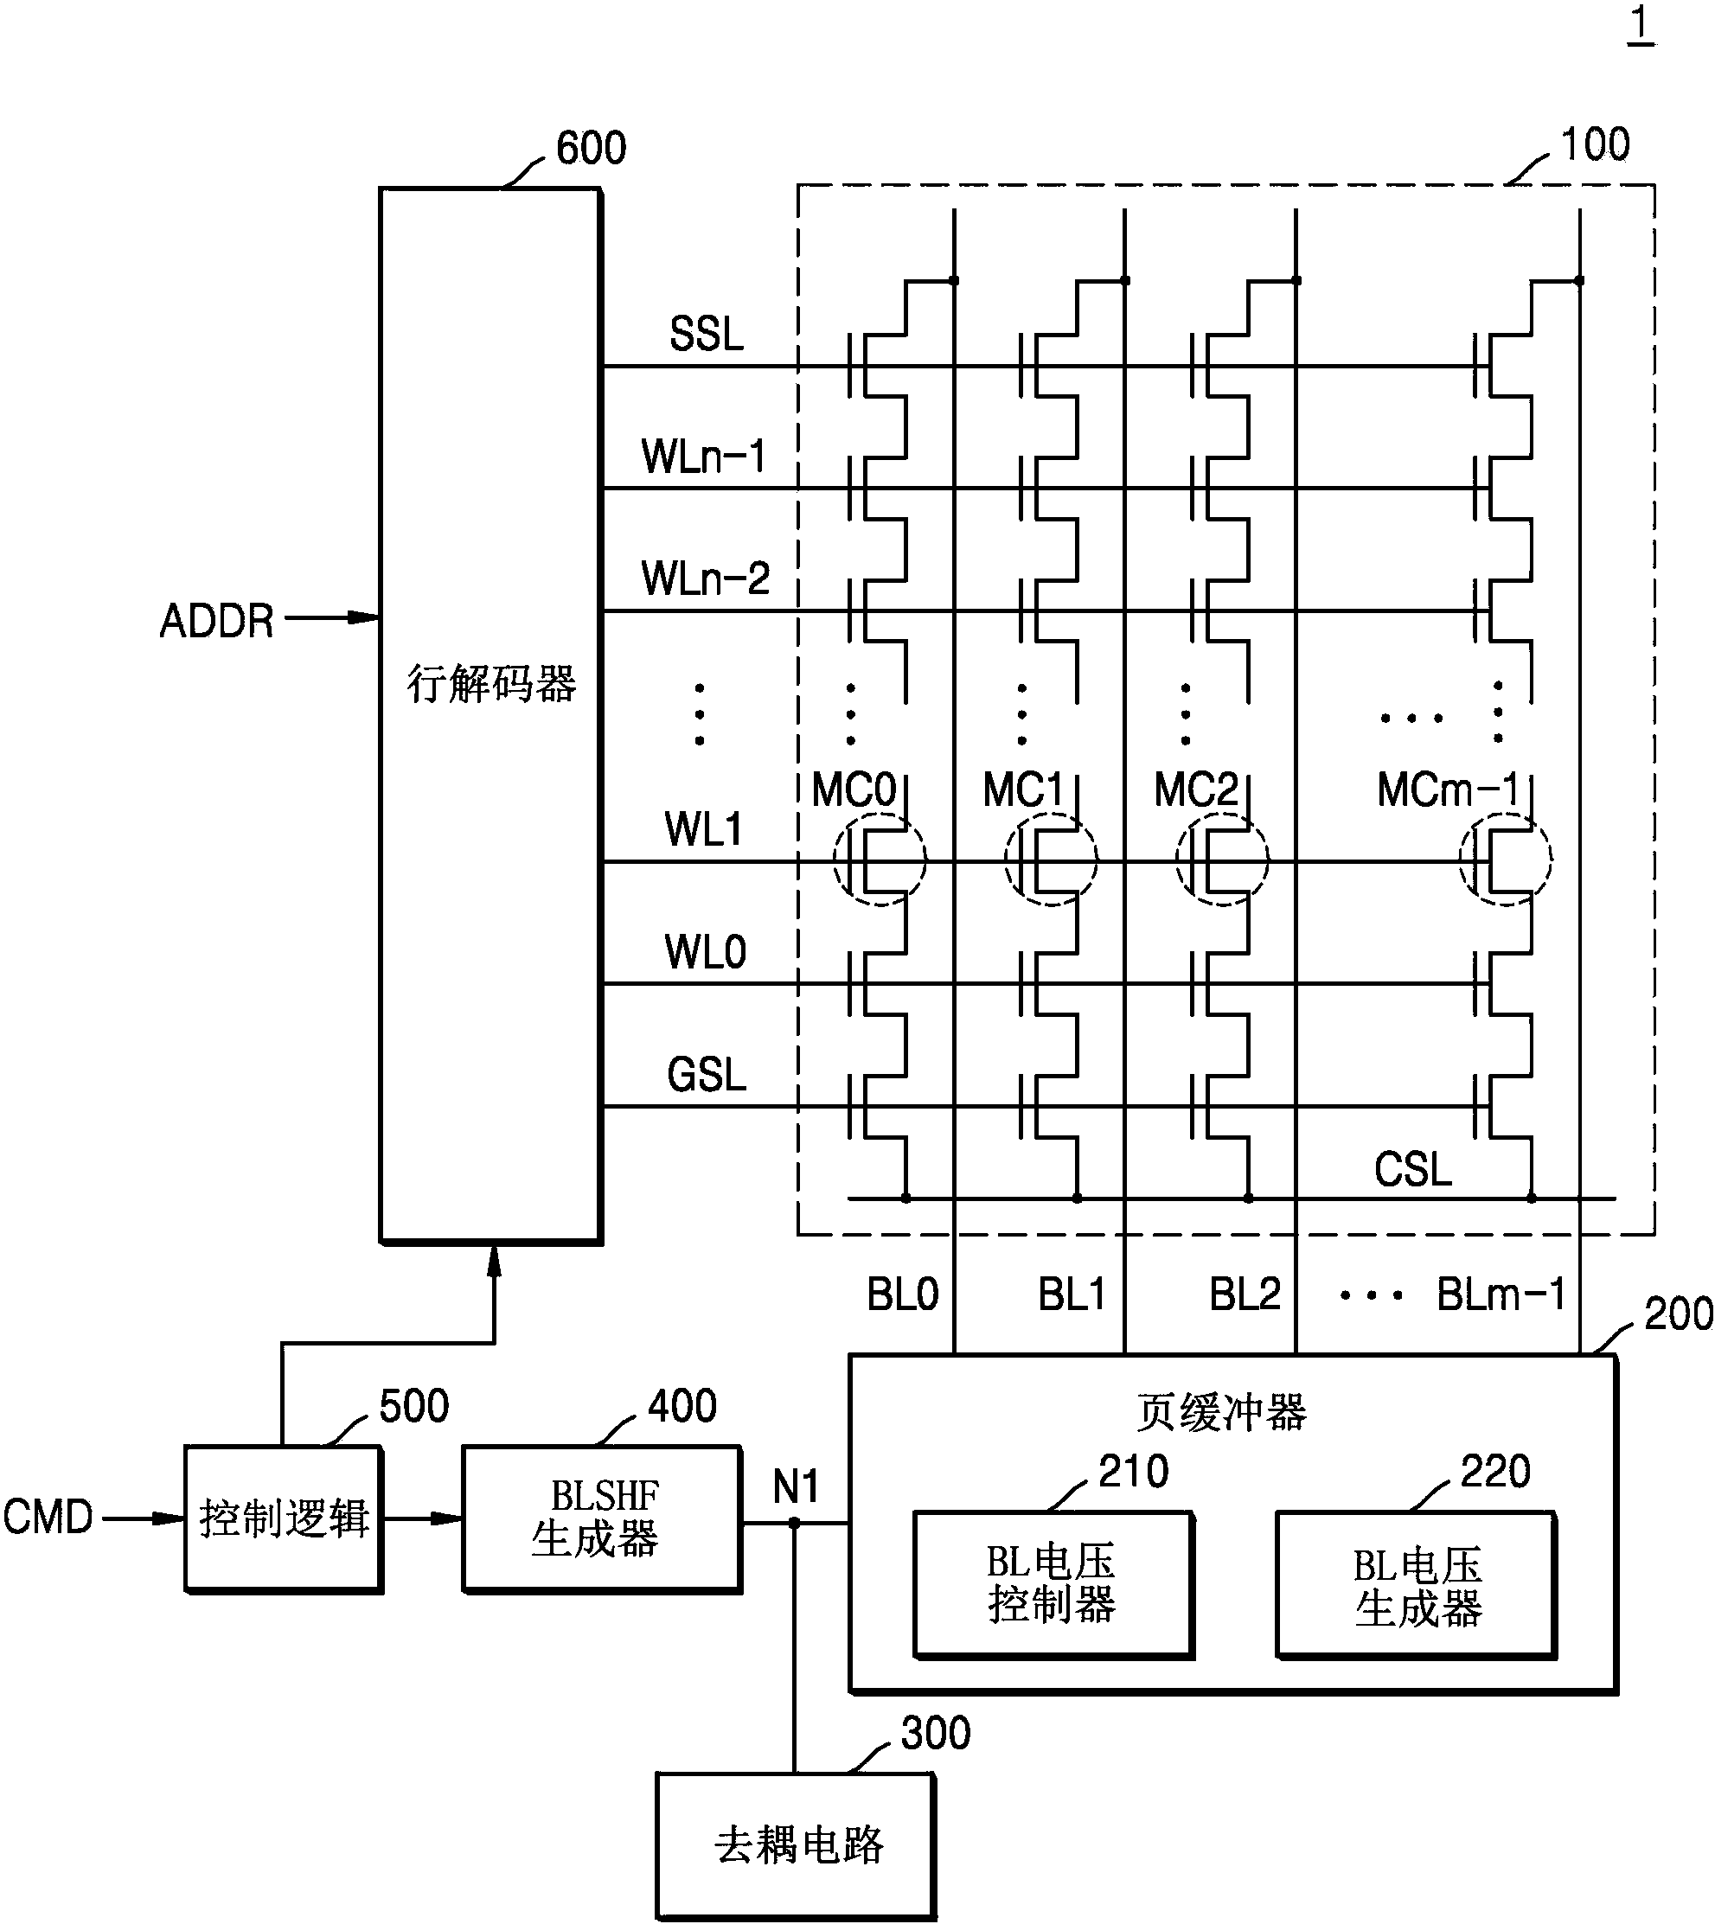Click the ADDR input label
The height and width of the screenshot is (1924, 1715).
(217, 622)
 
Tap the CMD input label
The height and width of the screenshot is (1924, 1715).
(47, 1517)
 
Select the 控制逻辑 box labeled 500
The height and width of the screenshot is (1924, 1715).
(283, 1518)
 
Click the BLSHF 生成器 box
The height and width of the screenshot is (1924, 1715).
(601, 1518)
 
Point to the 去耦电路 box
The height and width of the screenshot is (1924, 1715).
(796, 1844)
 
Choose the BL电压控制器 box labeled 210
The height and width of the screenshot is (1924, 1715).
(1053, 1585)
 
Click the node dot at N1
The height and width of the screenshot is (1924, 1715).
(794, 1523)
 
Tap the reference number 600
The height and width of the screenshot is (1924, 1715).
(591, 149)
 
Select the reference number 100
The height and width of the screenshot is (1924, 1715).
(1595, 145)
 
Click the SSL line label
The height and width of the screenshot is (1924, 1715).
(706, 335)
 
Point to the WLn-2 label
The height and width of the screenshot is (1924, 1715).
(705, 578)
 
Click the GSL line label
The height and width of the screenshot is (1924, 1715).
(706, 1075)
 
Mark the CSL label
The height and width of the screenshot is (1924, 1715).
(1411, 1170)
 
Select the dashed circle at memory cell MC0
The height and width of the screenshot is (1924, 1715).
(880, 860)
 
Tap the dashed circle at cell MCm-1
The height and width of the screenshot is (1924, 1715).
(1505, 860)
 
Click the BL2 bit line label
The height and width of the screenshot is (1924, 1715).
(1244, 1295)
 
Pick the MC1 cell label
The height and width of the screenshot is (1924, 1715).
(1023, 790)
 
